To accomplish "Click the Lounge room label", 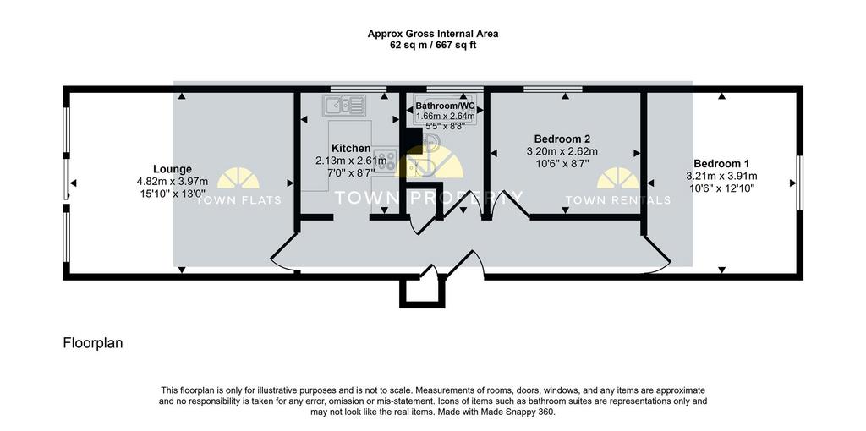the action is click(173, 169).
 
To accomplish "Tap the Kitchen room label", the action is click(351, 149).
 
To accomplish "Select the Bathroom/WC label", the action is click(445, 106).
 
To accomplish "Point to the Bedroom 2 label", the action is click(566, 139).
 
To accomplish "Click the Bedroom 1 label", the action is click(721, 164).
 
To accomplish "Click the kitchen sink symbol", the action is click(345, 105).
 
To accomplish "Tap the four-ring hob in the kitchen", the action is click(386, 160).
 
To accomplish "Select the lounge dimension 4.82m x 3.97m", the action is click(173, 181).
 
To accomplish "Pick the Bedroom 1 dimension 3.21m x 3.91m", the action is click(721, 176).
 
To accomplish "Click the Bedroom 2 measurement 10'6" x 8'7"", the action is click(566, 163).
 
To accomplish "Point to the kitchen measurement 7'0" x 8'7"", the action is click(351, 172).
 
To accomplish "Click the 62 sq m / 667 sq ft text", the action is click(433, 46).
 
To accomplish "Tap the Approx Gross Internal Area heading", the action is click(433, 34).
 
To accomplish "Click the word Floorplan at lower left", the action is click(93, 343).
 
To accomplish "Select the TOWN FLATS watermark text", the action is click(238, 200).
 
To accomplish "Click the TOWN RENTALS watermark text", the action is click(618, 200).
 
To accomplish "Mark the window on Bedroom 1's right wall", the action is click(798, 183).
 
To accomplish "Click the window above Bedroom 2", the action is click(553, 89).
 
